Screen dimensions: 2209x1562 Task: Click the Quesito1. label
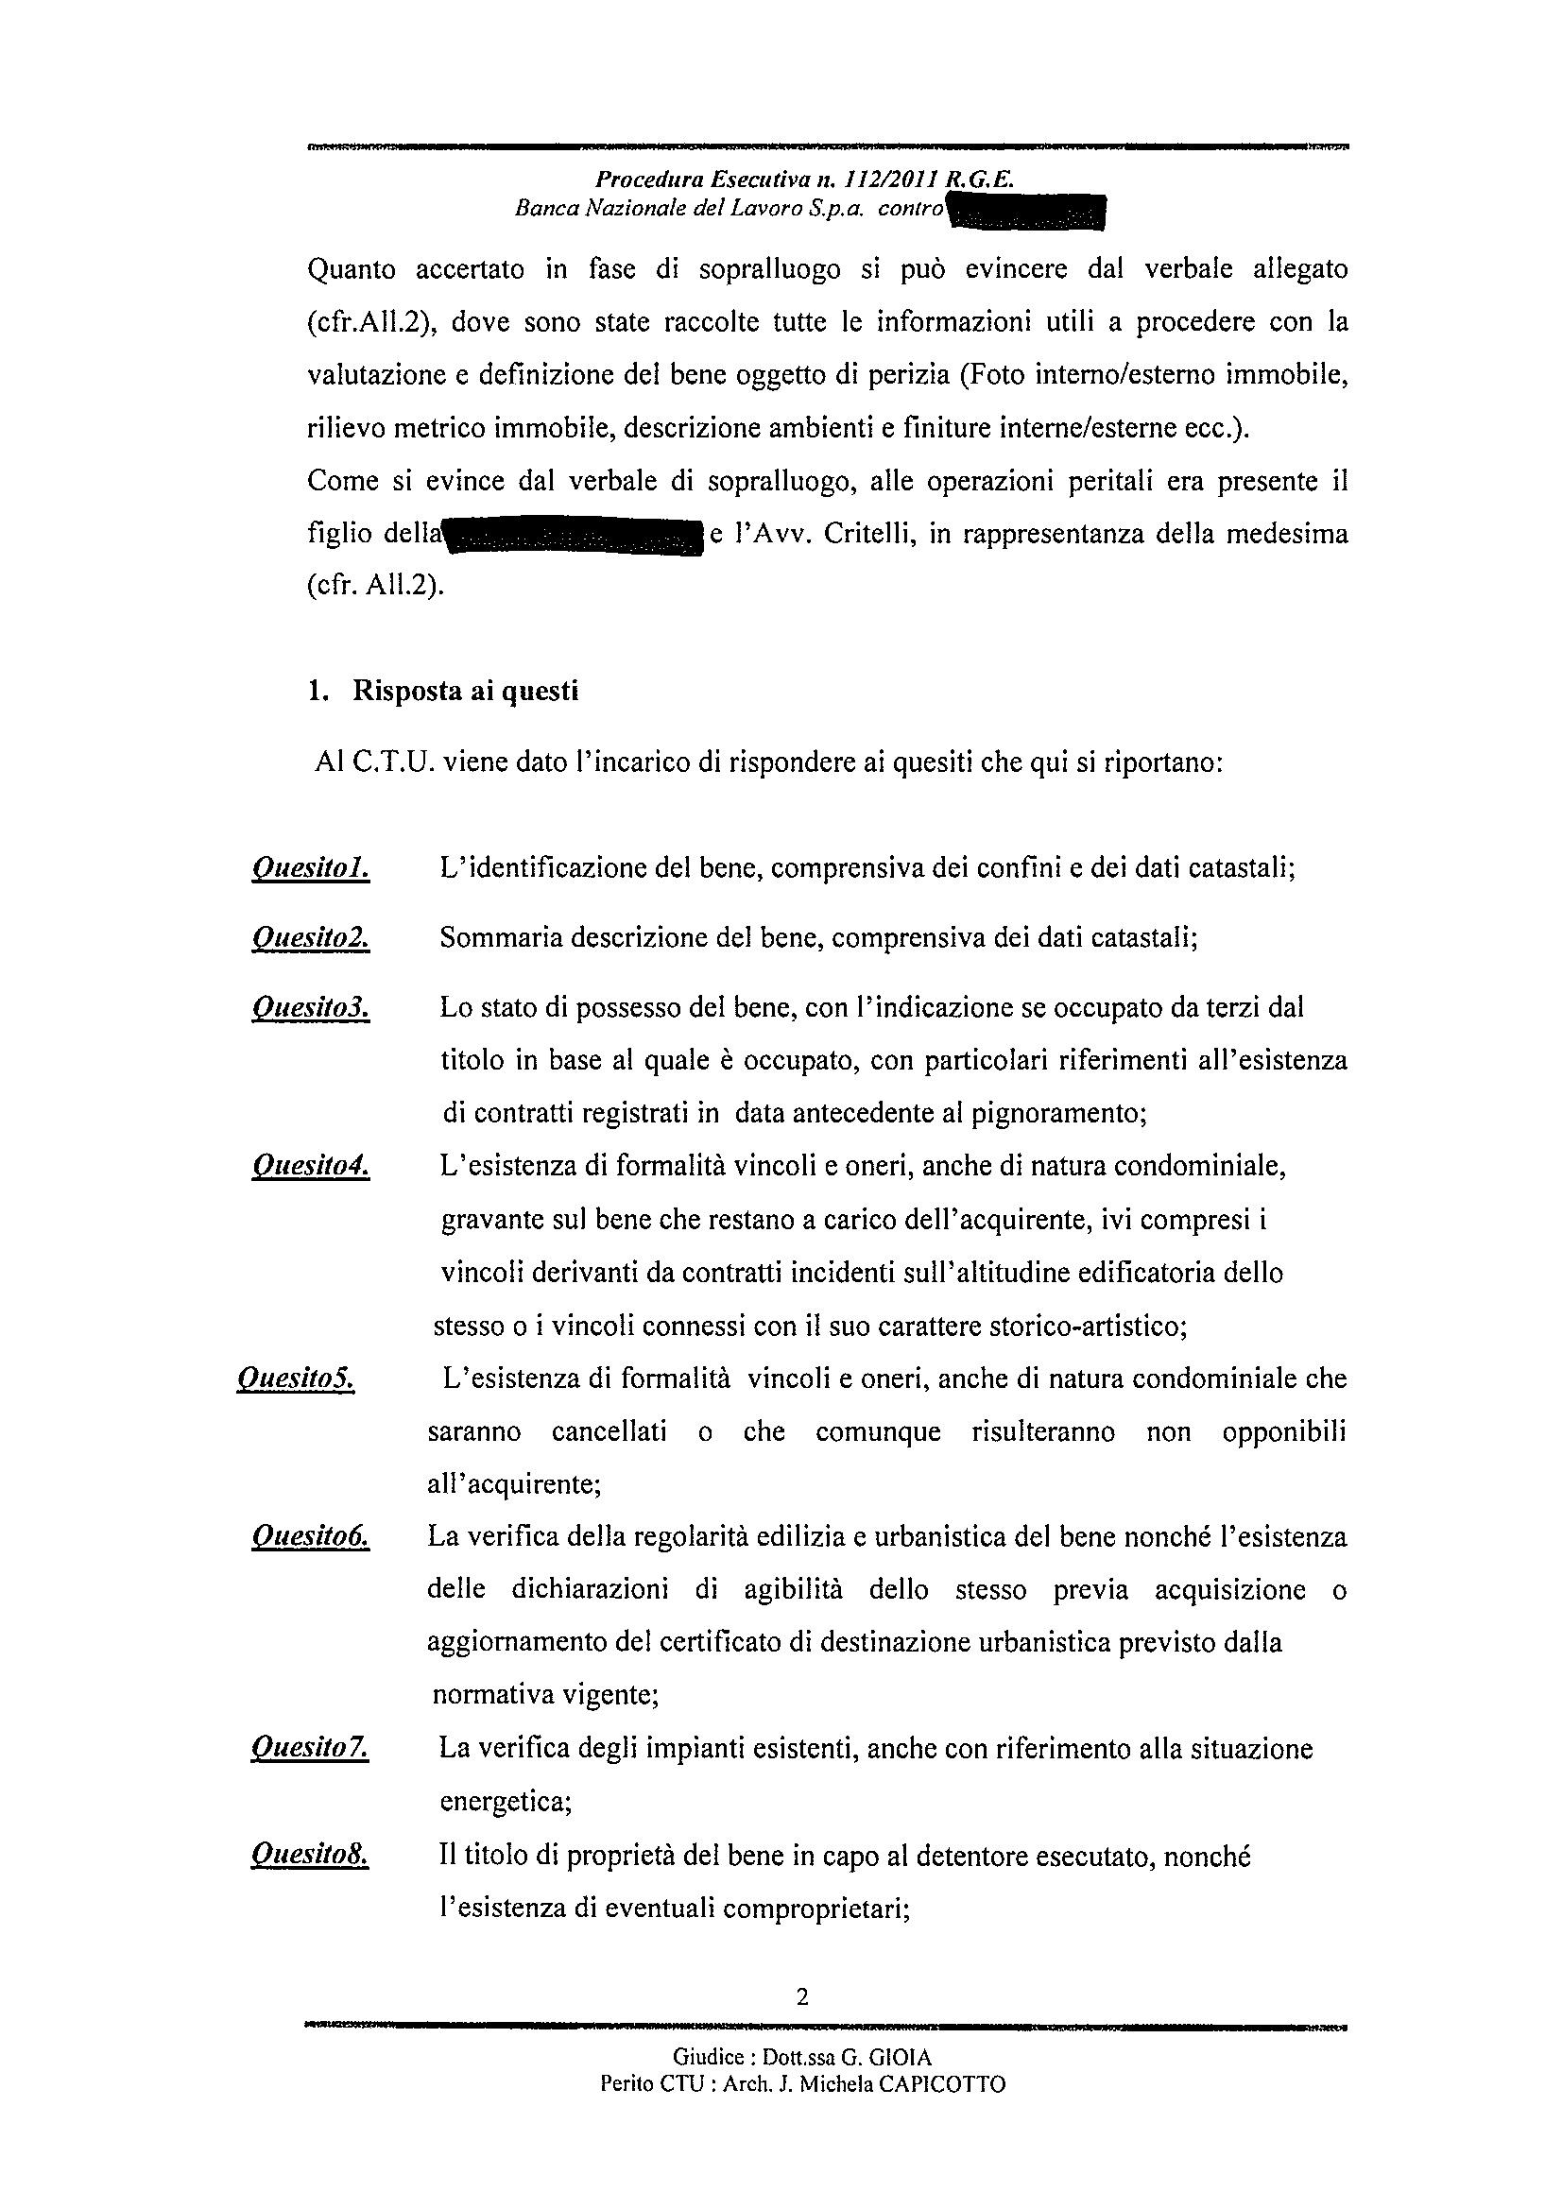(310, 869)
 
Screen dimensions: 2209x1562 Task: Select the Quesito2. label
(310, 937)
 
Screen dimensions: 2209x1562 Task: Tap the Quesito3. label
(310, 1007)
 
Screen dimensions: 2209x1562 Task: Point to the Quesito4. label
(310, 1167)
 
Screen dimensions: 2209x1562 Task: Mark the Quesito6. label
(310, 1536)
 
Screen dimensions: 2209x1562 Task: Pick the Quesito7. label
(310, 1748)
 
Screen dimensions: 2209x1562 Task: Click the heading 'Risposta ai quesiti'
(466, 692)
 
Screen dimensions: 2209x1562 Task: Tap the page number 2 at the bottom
(801, 1997)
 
